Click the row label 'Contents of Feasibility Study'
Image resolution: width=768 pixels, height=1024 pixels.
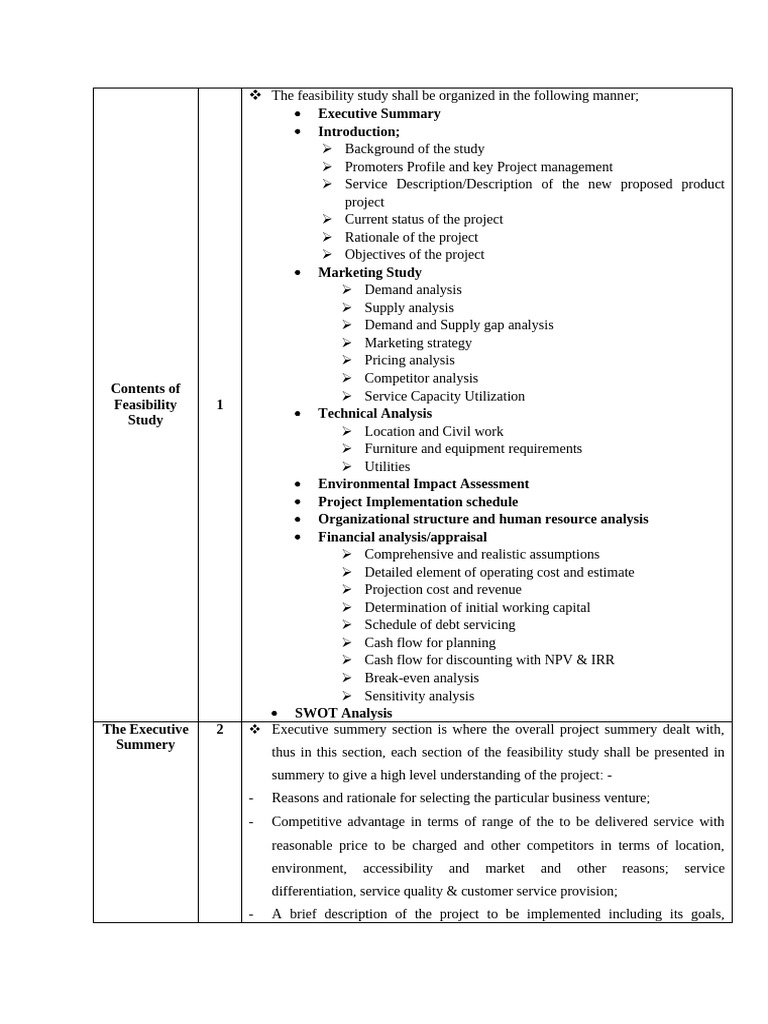(145, 404)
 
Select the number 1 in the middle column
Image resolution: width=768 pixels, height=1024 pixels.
(219, 404)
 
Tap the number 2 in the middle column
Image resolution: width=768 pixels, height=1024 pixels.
(219, 730)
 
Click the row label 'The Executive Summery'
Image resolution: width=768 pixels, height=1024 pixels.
(145, 737)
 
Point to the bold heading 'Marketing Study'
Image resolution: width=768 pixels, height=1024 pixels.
(369, 272)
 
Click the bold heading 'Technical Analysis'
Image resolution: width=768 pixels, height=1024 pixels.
(375, 413)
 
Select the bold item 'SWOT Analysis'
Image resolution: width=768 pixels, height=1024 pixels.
(343, 713)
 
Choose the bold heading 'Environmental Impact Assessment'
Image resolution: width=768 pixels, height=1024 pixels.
(423, 484)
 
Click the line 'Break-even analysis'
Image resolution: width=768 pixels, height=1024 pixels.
(421, 678)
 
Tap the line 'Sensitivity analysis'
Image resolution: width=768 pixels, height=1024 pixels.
(419, 696)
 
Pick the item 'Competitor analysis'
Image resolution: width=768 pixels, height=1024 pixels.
(421, 378)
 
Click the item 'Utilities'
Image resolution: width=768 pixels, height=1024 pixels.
(387, 466)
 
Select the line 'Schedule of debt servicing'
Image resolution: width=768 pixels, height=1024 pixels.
(439, 625)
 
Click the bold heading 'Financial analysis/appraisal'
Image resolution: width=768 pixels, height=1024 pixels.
(402, 537)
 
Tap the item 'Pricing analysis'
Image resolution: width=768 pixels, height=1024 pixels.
(409, 360)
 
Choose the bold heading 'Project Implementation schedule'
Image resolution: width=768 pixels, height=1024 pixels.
(418, 502)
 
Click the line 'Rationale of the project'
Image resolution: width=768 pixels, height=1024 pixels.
(411, 237)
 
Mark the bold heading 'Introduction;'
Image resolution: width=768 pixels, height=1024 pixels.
(358, 131)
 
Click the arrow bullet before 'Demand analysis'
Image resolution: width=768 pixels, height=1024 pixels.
(346, 290)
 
